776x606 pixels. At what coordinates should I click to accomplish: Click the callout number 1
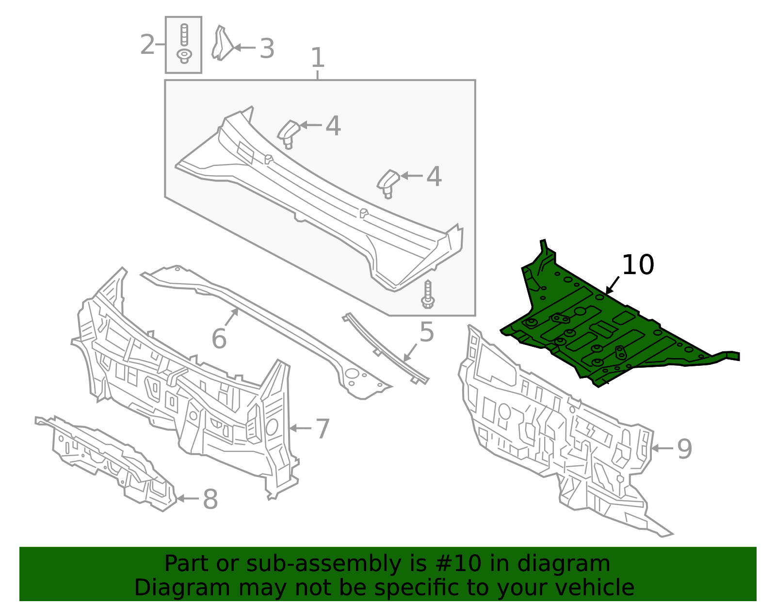coord(317,58)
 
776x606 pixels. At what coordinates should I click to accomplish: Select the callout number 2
coord(147,45)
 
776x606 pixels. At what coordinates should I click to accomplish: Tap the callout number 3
coord(267,49)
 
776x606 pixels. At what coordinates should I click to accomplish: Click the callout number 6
coord(219,338)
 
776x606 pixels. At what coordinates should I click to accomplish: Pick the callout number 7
coord(323,428)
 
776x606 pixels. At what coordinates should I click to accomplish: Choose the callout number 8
coord(210,499)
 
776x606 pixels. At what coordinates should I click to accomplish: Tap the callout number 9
coord(684,449)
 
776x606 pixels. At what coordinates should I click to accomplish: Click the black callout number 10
coord(638,265)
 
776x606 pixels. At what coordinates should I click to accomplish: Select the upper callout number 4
coord(333,126)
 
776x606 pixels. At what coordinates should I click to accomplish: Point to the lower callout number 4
coord(434,177)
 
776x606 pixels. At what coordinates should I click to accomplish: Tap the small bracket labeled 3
coord(222,45)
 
